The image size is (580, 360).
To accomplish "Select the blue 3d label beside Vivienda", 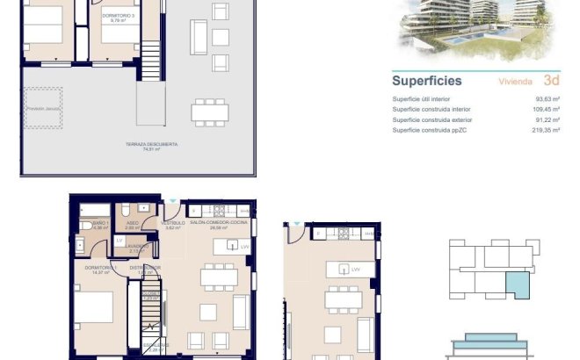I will click(x=552, y=81).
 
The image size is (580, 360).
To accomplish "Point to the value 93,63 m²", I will click(x=549, y=98).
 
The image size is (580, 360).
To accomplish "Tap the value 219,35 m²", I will click(x=547, y=130).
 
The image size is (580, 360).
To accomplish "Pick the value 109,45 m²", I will click(x=547, y=109).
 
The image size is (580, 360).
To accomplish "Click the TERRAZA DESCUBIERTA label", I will click(x=152, y=144).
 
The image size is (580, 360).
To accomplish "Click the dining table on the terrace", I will click(x=210, y=110).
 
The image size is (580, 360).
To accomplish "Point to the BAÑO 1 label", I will click(x=98, y=224).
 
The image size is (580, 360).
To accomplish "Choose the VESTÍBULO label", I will click(x=172, y=224).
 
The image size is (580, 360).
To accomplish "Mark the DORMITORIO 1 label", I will click(x=102, y=267).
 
